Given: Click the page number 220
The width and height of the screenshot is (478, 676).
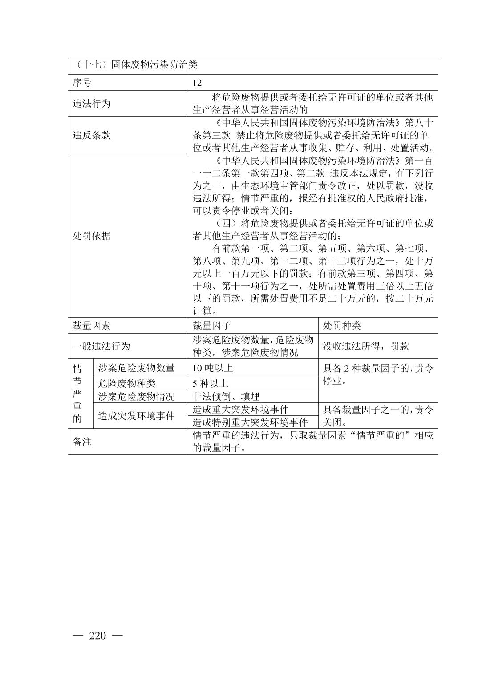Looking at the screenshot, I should (97, 636).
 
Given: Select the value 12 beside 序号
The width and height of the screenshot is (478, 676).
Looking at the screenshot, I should (197, 83).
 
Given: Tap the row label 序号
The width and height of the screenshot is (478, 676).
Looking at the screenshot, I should (82, 83).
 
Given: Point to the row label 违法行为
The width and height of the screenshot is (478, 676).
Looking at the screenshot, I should (91, 104).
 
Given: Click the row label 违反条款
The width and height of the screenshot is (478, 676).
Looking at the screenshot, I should (91, 135).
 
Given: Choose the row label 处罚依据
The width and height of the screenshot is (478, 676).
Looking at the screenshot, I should (91, 236).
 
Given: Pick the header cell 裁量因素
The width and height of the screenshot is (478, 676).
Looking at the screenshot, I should (91, 326).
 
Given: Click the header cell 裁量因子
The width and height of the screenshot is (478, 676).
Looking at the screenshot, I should (211, 326).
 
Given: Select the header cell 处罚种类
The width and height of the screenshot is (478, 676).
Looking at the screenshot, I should (342, 326).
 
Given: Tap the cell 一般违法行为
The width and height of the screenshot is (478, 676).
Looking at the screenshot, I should (101, 346).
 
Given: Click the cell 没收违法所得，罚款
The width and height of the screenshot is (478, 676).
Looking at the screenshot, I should (366, 346).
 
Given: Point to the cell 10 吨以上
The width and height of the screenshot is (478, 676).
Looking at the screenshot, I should (213, 368).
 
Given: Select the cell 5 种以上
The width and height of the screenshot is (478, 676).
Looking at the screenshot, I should (211, 383).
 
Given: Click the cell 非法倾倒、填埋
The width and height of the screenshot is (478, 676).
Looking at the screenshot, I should (226, 396).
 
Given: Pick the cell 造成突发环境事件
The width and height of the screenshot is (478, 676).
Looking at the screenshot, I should (136, 416).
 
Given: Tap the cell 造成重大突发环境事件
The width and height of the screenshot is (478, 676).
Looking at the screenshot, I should (240, 409).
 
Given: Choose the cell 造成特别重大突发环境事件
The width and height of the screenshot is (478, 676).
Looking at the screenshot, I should (250, 422).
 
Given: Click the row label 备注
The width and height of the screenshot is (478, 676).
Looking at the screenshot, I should (82, 442).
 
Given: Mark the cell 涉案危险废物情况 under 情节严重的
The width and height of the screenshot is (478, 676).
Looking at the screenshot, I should (136, 396).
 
